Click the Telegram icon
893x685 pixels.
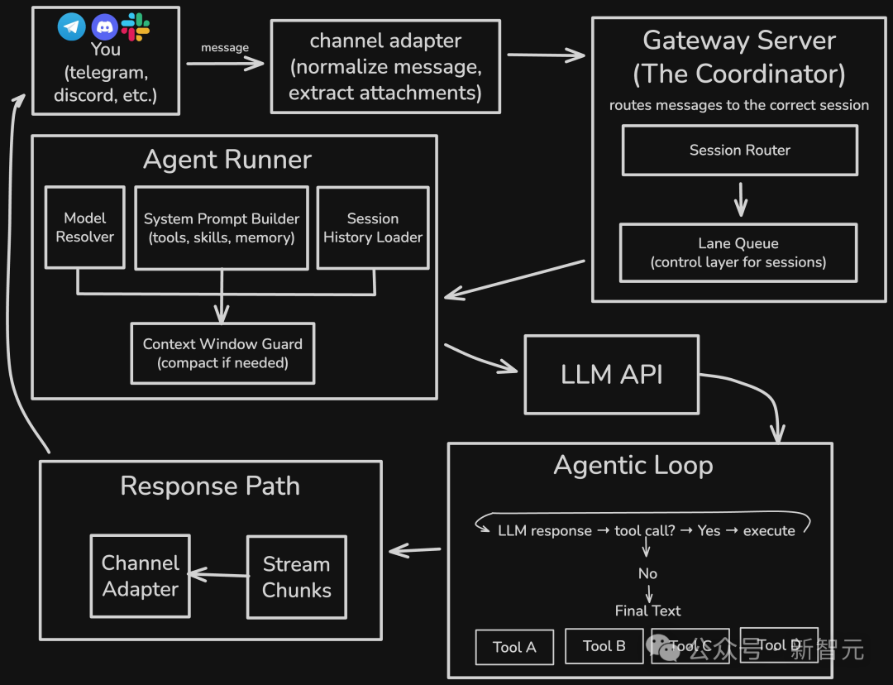click(72, 26)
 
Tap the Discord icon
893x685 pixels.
click(105, 26)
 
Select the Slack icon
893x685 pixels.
click(136, 26)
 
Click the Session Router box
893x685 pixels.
click(740, 151)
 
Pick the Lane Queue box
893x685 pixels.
click(738, 252)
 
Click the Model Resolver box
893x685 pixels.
click(85, 228)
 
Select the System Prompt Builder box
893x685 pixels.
click(221, 228)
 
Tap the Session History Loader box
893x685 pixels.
click(373, 228)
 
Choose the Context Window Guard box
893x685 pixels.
click(222, 353)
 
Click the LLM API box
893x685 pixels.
click(612, 374)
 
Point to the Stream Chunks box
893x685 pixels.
click(297, 577)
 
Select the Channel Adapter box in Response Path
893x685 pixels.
click(141, 576)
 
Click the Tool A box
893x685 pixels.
click(514, 647)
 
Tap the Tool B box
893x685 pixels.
click(604, 646)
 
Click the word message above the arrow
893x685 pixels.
click(225, 48)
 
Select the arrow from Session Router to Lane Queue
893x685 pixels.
click(741, 199)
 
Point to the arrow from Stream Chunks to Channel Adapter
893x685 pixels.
click(218, 574)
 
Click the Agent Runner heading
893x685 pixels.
click(227, 160)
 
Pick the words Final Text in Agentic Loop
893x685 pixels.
click(648, 611)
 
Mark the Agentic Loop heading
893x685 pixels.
click(633, 466)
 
